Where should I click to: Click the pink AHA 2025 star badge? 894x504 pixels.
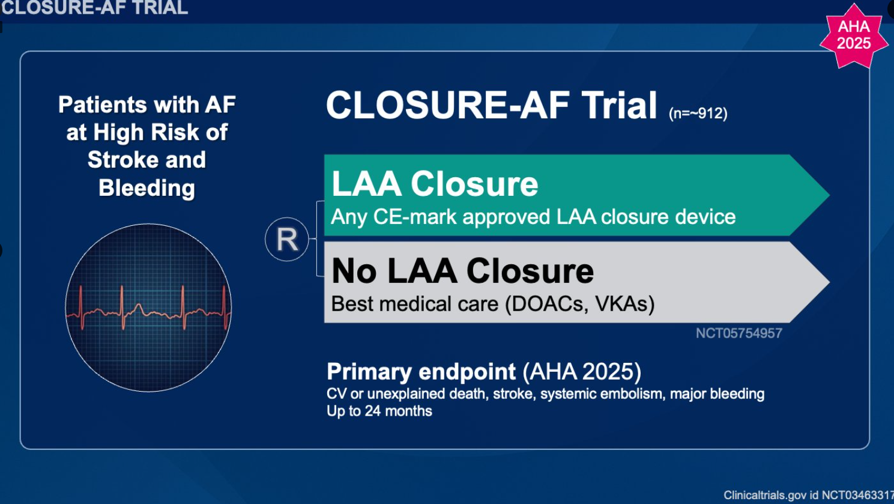[x=853, y=36]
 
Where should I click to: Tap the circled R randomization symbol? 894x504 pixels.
[x=286, y=239]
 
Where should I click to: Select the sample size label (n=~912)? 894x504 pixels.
[x=698, y=114]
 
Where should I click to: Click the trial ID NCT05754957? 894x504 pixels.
[x=738, y=333]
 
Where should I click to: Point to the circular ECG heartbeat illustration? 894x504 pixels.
[x=148, y=308]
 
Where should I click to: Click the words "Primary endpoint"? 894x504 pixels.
[x=421, y=371]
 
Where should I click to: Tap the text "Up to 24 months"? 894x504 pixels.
[x=379, y=411]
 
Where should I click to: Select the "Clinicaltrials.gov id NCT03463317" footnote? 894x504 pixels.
[x=809, y=495]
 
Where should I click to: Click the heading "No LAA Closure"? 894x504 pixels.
[x=462, y=271]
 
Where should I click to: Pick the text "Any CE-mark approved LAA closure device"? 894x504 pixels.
[x=533, y=217]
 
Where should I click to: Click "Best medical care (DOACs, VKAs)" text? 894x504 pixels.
[x=493, y=304]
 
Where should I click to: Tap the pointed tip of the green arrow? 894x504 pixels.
[x=829, y=195]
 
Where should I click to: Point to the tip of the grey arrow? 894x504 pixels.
[x=829, y=282]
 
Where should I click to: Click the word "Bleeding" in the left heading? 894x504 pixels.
[x=147, y=187]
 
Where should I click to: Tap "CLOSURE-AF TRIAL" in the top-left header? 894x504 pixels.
[x=94, y=8]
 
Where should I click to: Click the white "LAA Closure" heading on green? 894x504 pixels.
[x=435, y=184]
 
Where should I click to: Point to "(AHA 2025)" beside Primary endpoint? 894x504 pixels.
[x=582, y=371]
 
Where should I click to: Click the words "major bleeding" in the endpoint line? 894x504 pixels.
[x=717, y=394]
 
